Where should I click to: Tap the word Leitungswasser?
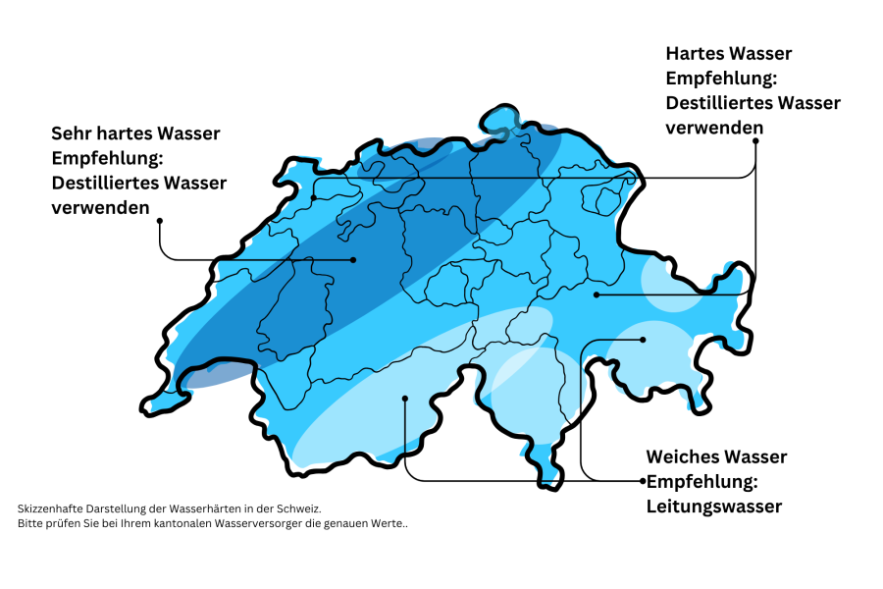click(713, 507)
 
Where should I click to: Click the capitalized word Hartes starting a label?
click(695, 53)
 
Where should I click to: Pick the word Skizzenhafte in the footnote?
click(48, 509)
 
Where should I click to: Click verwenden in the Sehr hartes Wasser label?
click(100, 207)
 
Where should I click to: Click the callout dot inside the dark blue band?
click(353, 260)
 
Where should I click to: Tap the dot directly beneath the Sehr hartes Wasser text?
click(159, 221)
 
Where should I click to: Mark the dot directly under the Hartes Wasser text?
click(755, 140)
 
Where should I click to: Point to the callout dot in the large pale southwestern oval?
click(405, 398)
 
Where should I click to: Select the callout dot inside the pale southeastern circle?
click(644, 340)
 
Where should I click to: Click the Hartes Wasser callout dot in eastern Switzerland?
click(596, 294)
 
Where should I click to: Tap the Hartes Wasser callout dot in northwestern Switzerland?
click(314, 197)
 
